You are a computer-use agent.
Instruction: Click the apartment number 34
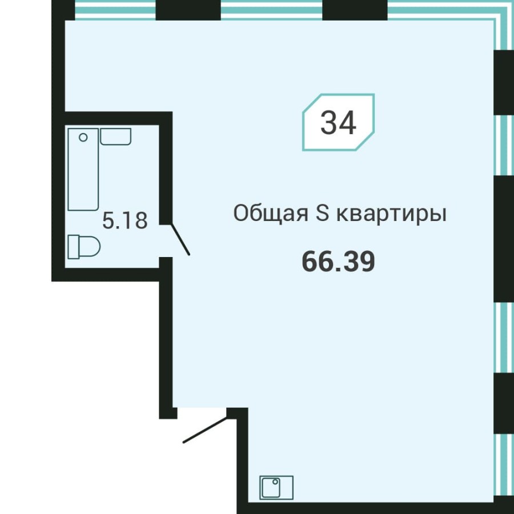tap(338, 122)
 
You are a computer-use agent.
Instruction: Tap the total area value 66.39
tap(338, 262)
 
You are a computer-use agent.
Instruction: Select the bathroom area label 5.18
tap(125, 220)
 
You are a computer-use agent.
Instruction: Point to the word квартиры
tap(389, 215)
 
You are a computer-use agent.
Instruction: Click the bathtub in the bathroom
tap(83, 169)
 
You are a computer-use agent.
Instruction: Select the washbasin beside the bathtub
tap(116, 136)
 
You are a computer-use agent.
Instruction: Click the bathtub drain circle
tap(83, 137)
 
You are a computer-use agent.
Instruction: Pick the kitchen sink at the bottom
tap(276, 488)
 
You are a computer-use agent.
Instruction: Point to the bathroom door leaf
tap(179, 240)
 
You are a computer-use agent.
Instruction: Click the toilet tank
tap(72, 247)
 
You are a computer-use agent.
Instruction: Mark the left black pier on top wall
tap(188, 10)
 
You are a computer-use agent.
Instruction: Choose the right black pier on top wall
tap(355, 10)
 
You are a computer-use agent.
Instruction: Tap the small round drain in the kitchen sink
tap(275, 482)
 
